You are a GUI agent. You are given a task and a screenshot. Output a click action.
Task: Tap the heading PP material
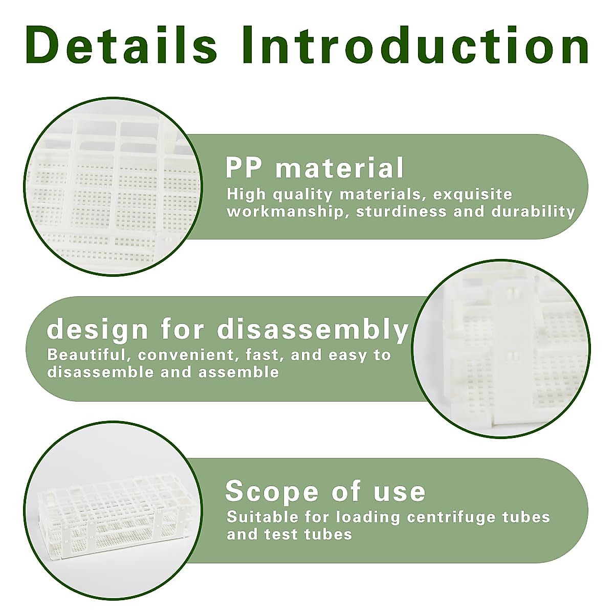[315, 168]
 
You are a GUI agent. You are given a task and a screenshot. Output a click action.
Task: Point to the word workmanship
[284, 211]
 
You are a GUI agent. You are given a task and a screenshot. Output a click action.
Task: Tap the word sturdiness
[401, 211]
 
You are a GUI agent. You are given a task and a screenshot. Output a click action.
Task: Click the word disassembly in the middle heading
[313, 330]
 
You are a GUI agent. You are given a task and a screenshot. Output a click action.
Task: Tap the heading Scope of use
[325, 491]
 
